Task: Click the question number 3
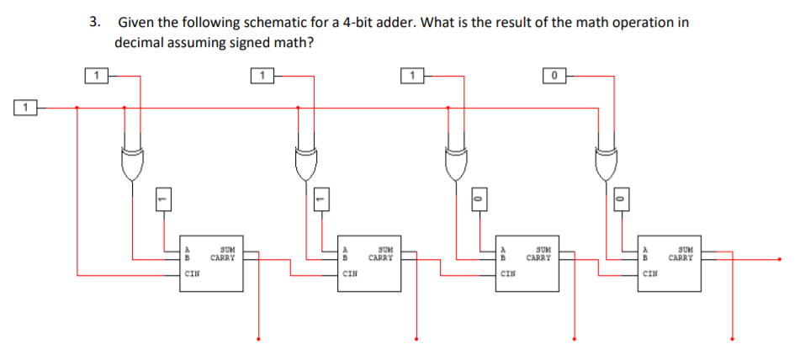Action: (94, 22)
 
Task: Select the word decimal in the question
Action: (138, 42)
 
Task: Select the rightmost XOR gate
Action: (606, 164)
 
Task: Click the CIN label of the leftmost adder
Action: (192, 273)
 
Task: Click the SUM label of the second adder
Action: (385, 250)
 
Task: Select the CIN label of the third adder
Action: (508, 273)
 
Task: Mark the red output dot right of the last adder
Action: (781, 260)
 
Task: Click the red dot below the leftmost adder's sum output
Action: (258, 340)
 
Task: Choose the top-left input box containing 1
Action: (98, 77)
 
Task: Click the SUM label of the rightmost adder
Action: (686, 250)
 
